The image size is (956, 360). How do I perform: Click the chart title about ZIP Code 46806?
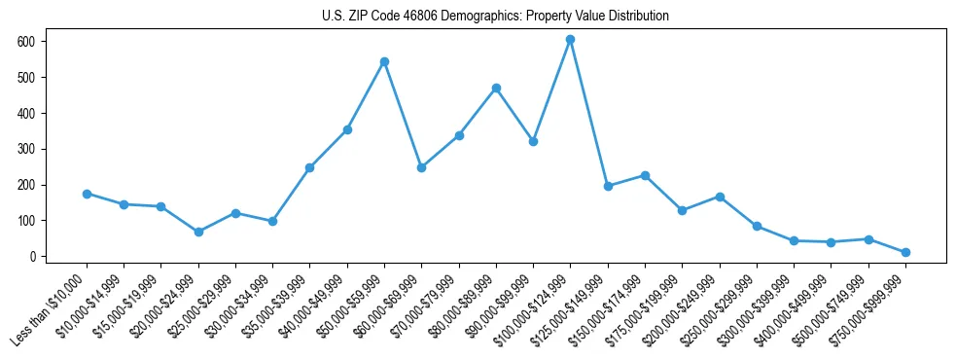pyautogui.click(x=495, y=16)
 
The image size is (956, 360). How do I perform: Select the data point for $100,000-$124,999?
pyautogui.click(x=570, y=39)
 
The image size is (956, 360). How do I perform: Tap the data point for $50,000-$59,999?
pyautogui.click(x=384, y=61)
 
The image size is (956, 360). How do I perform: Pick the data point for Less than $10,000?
pyautogui.click(x=87, y=194)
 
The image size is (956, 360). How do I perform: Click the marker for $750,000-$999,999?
pyautogui.click(x=905, y=252)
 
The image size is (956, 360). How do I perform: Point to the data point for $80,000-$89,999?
pyautogui.click(x=496, y=88)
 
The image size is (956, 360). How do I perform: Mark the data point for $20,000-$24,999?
pyautogui.click(x=198, y=232)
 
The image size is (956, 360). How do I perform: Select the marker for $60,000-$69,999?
pyautogui.click(x=421, y=167)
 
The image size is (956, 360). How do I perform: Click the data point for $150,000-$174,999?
pyautogui.click(x=645, y=175)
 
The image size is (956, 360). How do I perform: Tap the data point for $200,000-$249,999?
pyautogui.click(x=720, y=197)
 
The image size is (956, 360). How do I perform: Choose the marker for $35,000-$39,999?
pyautogui.click(x=309, y=167)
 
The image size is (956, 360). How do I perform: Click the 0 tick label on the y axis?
pyautogui.click(x=33, y=257)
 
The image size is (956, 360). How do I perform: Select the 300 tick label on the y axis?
pyautogui.click(x=28, y=149)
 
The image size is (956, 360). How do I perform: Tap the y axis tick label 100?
pyautogui.click(x=28, y=221)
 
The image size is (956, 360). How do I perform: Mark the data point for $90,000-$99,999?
pyautogui.click(x=533, y=141)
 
